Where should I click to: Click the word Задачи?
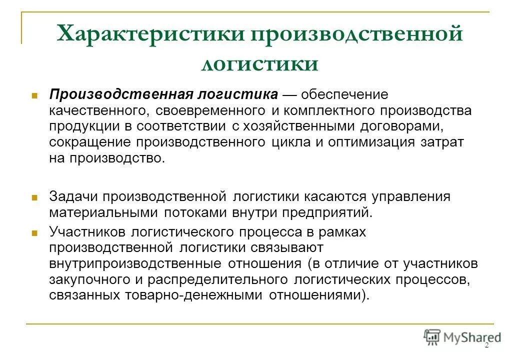click(75, 196)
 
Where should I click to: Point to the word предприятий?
click(327, 212)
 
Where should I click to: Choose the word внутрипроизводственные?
click(135, 263)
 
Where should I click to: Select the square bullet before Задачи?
click(35, 197)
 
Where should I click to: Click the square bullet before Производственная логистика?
click(35, 95)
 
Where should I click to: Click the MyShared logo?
click(462, 338)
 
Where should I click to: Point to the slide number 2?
click(486, 346)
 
